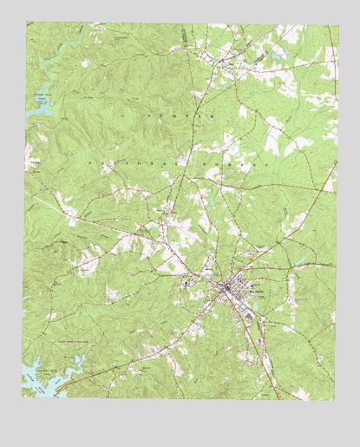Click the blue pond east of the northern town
click(x=277, y=56)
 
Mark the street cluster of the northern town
click(x=227, y=63)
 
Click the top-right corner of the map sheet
click(x=336, y=23)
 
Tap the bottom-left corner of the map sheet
click(x=24, y=398)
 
